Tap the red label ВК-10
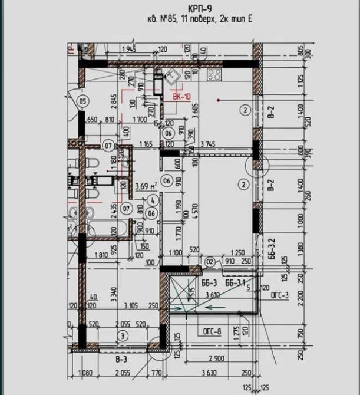181,96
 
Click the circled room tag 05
83,101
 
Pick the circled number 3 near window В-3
123,335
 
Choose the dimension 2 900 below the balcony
216,358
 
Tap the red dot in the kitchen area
218,100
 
